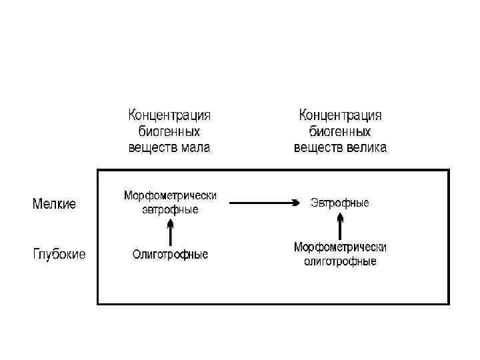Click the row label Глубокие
tap(59, 254)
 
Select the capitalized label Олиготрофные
tap(170, 254)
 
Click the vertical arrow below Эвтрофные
tap(340, 225)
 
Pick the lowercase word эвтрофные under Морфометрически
tap(170, 209)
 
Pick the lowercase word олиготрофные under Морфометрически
tap(340, 261)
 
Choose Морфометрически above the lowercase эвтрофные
tap(170, 196)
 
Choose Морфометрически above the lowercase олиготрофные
tap(340, 247)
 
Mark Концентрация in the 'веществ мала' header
tap(169, 115)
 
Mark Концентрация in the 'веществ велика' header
tap(340, 115)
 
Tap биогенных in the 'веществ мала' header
tap(169, 131)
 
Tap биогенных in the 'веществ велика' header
tap(340, 131)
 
